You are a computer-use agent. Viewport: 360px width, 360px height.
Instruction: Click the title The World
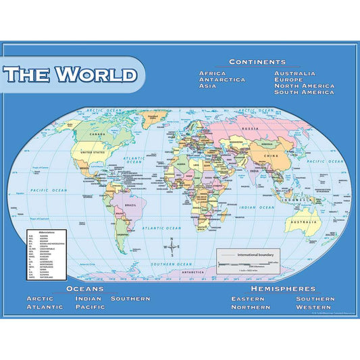point(70,74)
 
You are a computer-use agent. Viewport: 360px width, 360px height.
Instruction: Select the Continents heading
point(257,61)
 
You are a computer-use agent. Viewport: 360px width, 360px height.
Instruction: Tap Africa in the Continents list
point(212,73)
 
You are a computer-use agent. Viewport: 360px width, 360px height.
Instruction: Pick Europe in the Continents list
point(288,80)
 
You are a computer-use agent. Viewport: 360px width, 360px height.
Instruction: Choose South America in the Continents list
point(304,93)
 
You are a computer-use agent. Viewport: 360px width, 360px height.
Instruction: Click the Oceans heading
point(85,288)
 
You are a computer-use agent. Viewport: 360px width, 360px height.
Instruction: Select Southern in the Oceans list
point(130,299)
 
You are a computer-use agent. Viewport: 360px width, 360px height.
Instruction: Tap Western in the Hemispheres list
point(314,307)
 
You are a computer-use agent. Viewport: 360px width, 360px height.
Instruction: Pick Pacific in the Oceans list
point(90,307)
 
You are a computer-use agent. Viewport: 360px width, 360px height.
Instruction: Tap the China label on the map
point(271,156)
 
